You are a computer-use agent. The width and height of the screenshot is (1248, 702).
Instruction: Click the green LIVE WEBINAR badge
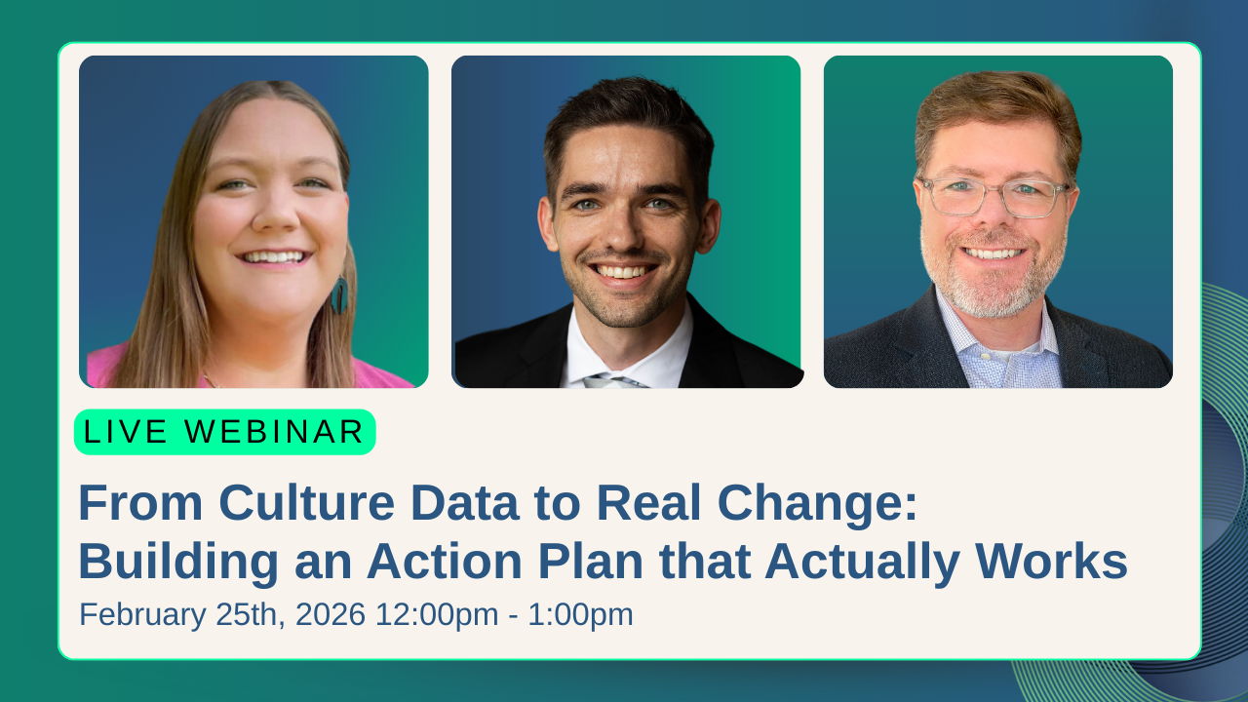click(225, 432)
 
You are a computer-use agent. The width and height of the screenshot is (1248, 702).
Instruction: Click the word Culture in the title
click(306, 502)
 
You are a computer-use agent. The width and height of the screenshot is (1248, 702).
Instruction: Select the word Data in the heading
click(465, 502)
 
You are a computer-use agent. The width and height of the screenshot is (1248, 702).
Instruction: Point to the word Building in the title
click(178, 562)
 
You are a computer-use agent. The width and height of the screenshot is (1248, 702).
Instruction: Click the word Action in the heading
click(444, 562)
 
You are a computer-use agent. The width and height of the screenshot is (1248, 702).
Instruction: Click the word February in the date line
click(142, 615)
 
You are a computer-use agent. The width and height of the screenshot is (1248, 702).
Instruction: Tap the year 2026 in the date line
click(331, 614)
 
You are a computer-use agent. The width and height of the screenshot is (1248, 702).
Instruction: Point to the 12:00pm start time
click(437, 615)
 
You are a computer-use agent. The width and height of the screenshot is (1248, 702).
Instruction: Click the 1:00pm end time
click(580, 615)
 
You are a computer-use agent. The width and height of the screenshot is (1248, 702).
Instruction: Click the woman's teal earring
click(339, 294)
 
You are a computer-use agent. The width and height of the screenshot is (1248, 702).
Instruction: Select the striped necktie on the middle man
click(613, 381)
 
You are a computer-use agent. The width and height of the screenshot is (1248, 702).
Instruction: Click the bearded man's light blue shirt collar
click(997, 334)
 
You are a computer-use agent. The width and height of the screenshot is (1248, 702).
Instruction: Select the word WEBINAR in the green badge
click(274, 432)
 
